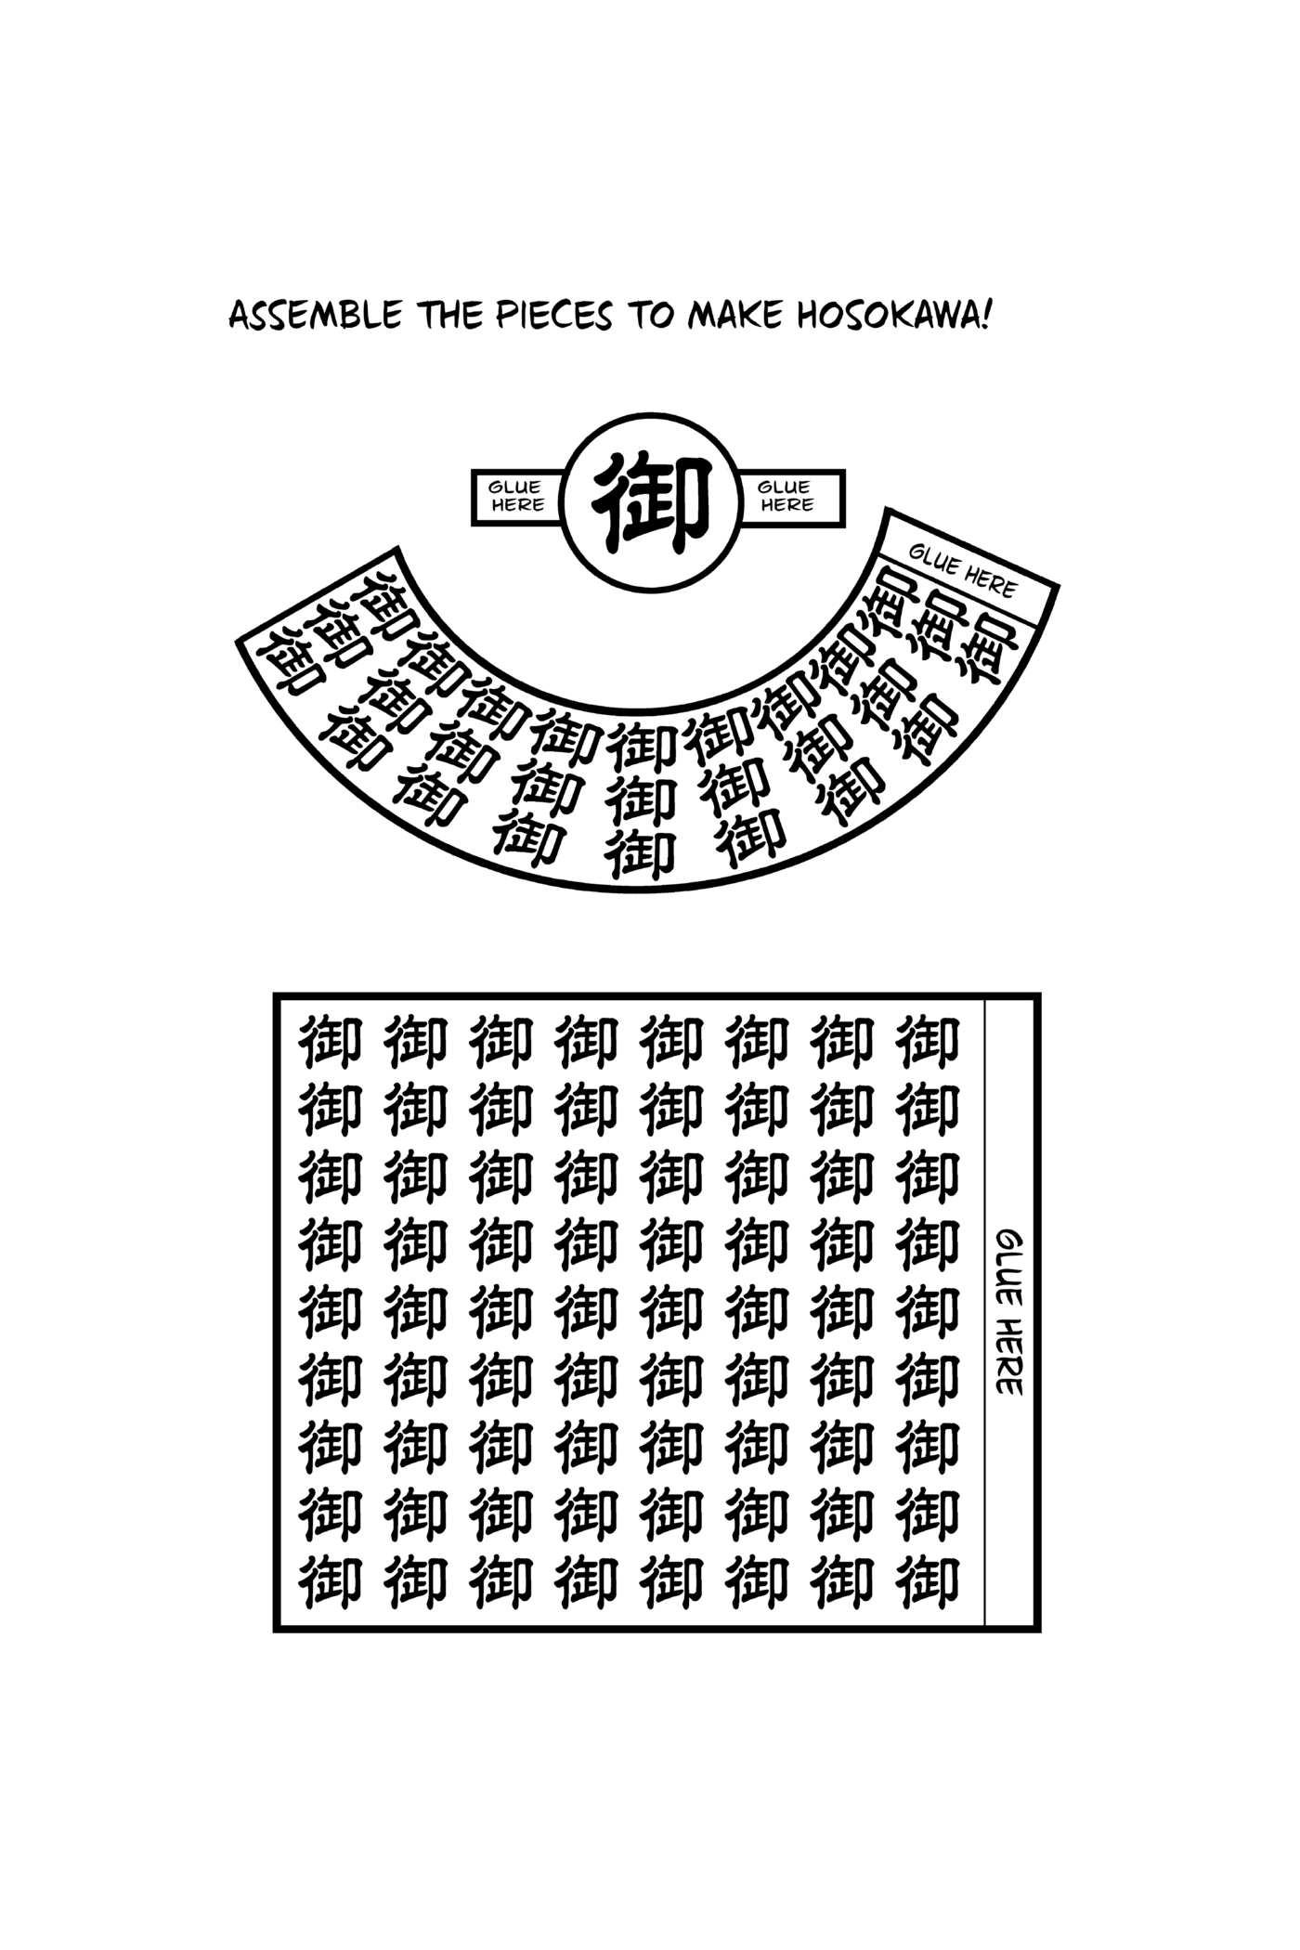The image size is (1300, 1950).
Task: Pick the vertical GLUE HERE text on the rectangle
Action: (1009, 1312)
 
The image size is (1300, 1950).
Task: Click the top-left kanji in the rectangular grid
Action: (330, 1042)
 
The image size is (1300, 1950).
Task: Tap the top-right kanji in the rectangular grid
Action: (928, 1042)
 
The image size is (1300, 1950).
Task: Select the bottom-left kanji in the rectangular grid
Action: (330, 1583)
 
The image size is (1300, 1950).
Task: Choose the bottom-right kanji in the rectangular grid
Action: (928, 1583)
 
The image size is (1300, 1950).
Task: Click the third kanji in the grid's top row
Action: (500, 1042)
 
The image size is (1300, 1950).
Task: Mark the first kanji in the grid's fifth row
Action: (330, 1313)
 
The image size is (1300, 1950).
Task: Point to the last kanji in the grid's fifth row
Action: (928, 1313)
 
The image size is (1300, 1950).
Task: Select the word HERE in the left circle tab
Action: (517, 506)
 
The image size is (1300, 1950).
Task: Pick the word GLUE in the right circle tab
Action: (785, 487)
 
